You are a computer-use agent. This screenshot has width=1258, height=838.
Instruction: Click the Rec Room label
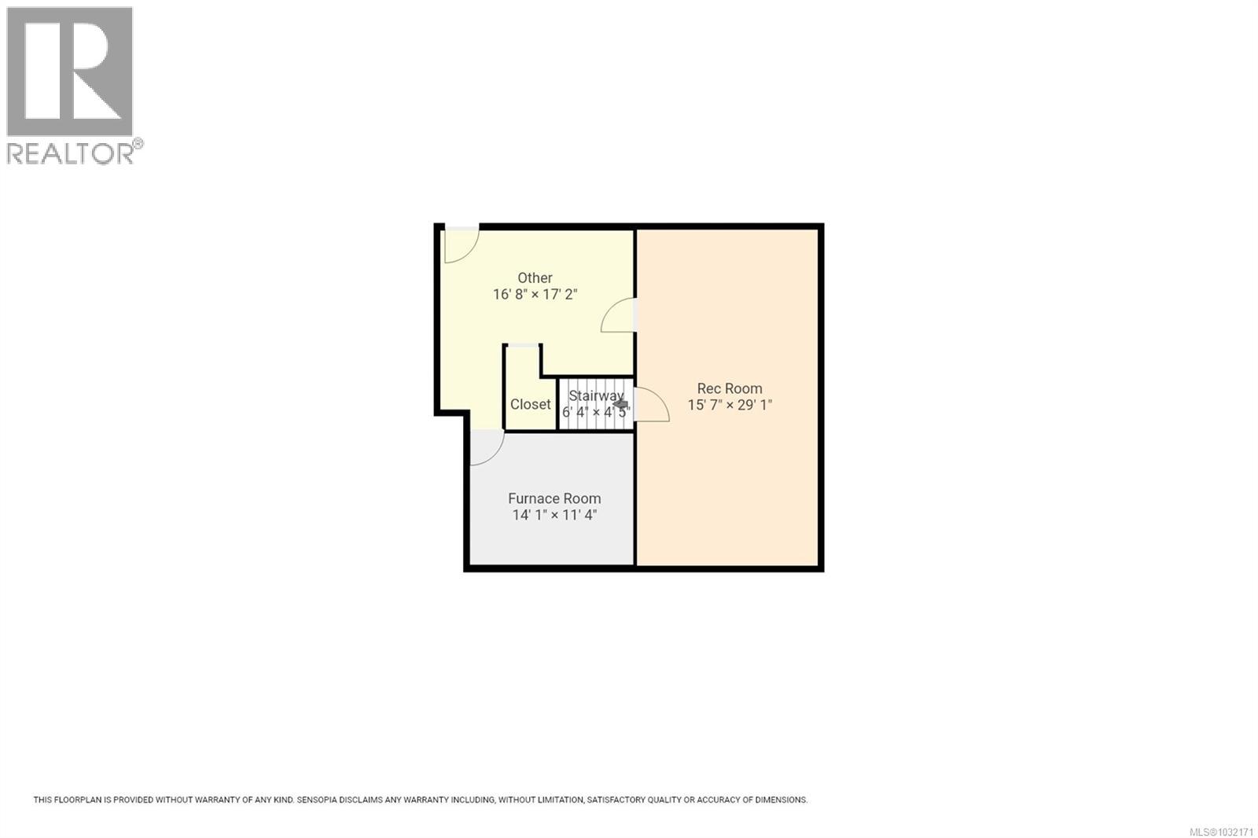729,388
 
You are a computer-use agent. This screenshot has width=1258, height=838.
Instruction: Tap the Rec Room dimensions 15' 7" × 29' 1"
729,406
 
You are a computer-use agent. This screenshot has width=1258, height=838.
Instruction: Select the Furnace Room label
554,498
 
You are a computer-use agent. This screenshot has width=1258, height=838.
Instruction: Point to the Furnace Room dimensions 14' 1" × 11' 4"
554,516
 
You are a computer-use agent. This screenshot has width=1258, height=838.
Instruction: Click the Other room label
535,277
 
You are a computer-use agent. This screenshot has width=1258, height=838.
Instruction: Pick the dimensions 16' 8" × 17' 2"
535,295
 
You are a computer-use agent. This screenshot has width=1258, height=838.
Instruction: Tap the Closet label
530,404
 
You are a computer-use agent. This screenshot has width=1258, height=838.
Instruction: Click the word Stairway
595,395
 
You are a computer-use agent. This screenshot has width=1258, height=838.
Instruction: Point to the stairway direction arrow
620,404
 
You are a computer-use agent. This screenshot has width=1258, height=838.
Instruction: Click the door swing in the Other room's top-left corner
460,244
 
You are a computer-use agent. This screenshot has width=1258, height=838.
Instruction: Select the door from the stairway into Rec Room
649,404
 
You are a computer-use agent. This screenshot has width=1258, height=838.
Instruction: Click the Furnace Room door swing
485,448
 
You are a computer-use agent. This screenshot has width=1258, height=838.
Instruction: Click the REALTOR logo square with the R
69,72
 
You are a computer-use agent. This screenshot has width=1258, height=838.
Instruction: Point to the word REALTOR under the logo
71,153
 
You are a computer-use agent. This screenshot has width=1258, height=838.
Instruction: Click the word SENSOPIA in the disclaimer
322,800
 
